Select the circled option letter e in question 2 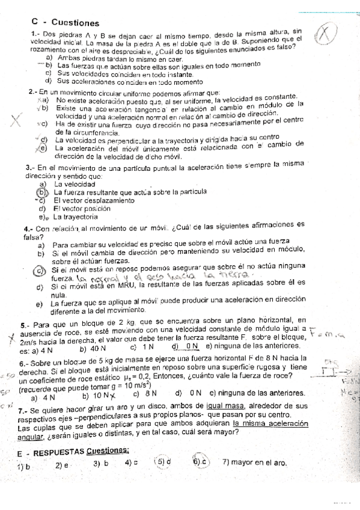click(43, 148)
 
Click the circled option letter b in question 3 click(43, 192)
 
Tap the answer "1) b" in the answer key click(24, 466)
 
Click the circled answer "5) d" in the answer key click(163, 462)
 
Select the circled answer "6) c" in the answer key click(201, 462)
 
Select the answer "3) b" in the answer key click(100, 464)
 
